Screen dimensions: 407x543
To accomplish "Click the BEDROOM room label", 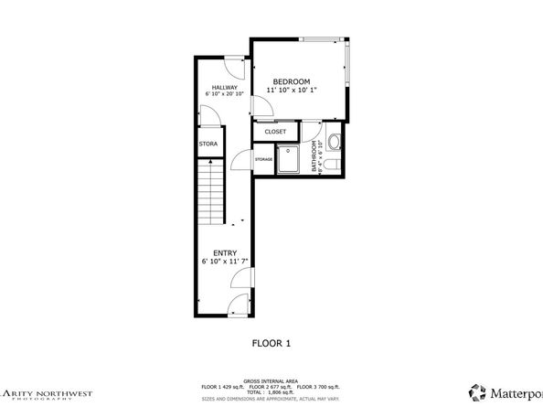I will [x=291, y=81].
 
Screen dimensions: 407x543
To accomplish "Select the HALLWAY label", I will [x=225, y=87].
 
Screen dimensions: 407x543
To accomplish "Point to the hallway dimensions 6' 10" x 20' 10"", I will [x=225, y=94].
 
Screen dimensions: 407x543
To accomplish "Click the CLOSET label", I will [x=275, y=132].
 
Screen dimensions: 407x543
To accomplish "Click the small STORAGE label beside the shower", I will [x=263, y=160].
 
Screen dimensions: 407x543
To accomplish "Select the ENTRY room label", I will [x=225, y=252].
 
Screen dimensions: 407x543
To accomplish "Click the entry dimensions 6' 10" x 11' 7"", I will [x=225, y=262].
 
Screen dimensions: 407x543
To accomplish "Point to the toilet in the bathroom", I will [x=335, y=164].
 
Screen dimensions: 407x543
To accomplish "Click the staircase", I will [x=211, y=191].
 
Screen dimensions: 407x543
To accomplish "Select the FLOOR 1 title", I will [x=271, y=344].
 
